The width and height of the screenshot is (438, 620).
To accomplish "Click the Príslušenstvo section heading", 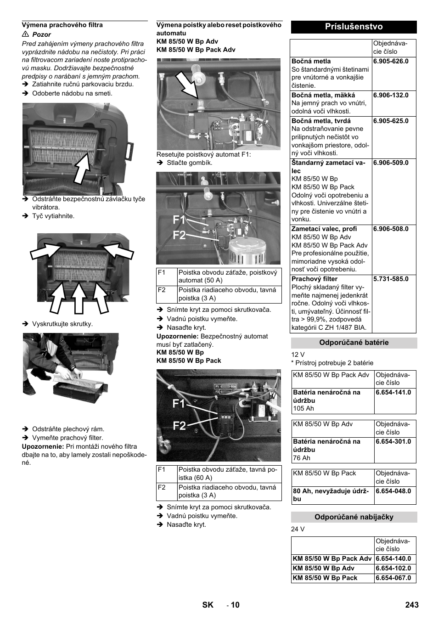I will (x=354, y=27).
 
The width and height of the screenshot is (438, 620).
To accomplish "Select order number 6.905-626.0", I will (x=391, y=61).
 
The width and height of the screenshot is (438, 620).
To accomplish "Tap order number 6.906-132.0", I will (x=391, y=95).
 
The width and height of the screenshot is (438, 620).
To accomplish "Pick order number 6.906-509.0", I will (x=391, y=163).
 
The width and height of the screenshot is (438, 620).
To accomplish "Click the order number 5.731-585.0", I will (x=391, y=279).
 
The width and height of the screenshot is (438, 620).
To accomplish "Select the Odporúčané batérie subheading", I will (x=354, y=343).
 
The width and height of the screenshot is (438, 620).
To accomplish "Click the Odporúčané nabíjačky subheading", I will (x=354, y=517).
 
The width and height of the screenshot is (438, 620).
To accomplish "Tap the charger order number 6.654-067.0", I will (x=393, y=578).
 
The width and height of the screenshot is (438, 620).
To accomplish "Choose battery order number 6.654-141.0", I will (x=393, y=392).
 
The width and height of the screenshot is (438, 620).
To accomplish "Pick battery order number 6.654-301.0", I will (x=393, y=441).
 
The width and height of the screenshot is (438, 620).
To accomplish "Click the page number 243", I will (x=412, y=605).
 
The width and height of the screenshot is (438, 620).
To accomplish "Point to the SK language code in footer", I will (x=208, y=605).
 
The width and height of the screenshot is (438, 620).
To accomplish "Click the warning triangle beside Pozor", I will (x=26, y=34).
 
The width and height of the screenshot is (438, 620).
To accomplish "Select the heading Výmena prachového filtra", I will (x=62, y=25).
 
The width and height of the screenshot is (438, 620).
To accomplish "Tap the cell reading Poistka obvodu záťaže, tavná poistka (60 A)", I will (x=228, y=473).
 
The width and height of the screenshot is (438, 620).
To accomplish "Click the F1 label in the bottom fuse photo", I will (x=180, y=404).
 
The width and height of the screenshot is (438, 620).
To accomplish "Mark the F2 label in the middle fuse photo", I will (x=180, y=235).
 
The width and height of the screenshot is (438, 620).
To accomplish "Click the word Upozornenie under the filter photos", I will (x=43, y=446).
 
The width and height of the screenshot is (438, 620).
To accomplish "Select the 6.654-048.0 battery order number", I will (x=393, y=491).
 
